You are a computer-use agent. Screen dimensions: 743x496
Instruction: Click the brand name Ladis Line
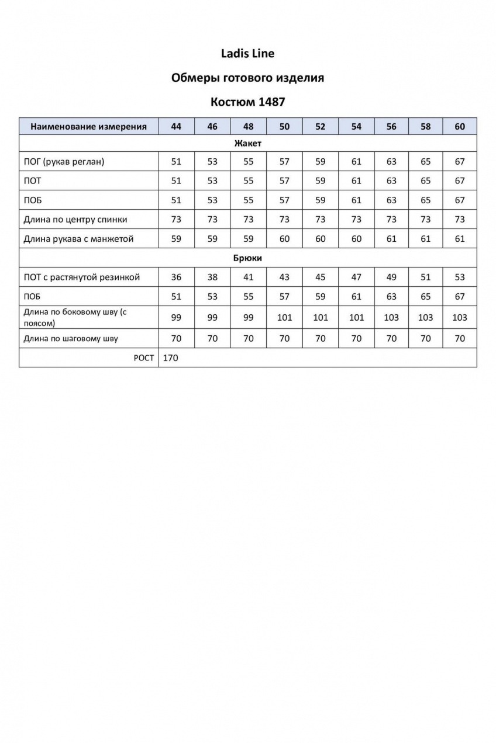(247, 54)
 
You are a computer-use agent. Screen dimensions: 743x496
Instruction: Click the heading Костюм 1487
(247, 102)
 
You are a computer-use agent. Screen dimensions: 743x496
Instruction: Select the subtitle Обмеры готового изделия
(247, 78)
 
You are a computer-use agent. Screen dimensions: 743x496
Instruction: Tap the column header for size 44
(176, 126)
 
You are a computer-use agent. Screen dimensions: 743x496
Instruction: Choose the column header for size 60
(460, 126)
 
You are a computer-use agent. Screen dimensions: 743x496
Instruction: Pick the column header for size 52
(320, 126)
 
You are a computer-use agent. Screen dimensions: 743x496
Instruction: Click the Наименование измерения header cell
(88, 126)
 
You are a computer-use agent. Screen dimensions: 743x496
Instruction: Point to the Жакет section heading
(247, 143)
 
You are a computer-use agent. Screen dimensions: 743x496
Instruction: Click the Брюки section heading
(247, 258)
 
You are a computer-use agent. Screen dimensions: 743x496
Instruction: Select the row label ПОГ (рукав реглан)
(64, 162)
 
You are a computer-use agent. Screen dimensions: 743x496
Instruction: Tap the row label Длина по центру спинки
(75, 220)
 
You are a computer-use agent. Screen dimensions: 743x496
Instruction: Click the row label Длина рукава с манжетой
(79, 239)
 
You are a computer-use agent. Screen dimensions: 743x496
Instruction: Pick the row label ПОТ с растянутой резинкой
(81, 277)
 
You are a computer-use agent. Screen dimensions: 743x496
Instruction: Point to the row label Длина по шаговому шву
(71, 338)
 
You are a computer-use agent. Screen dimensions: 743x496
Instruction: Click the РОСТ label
(144, 358)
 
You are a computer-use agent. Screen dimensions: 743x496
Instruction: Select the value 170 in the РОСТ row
(170, 358)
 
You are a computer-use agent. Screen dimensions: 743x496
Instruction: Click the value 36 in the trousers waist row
(176, 277)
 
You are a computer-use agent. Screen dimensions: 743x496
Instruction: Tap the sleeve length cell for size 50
(284, 239)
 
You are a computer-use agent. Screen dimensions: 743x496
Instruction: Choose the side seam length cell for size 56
(391, 317)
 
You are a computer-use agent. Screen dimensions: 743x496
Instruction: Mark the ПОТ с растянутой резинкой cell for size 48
(249, 277)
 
